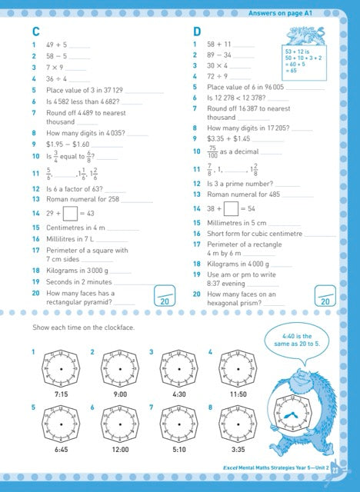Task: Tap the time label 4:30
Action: [178, 394]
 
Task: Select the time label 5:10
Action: [178, 449]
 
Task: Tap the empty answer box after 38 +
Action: [232, 208]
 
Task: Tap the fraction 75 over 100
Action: [212, 151]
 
